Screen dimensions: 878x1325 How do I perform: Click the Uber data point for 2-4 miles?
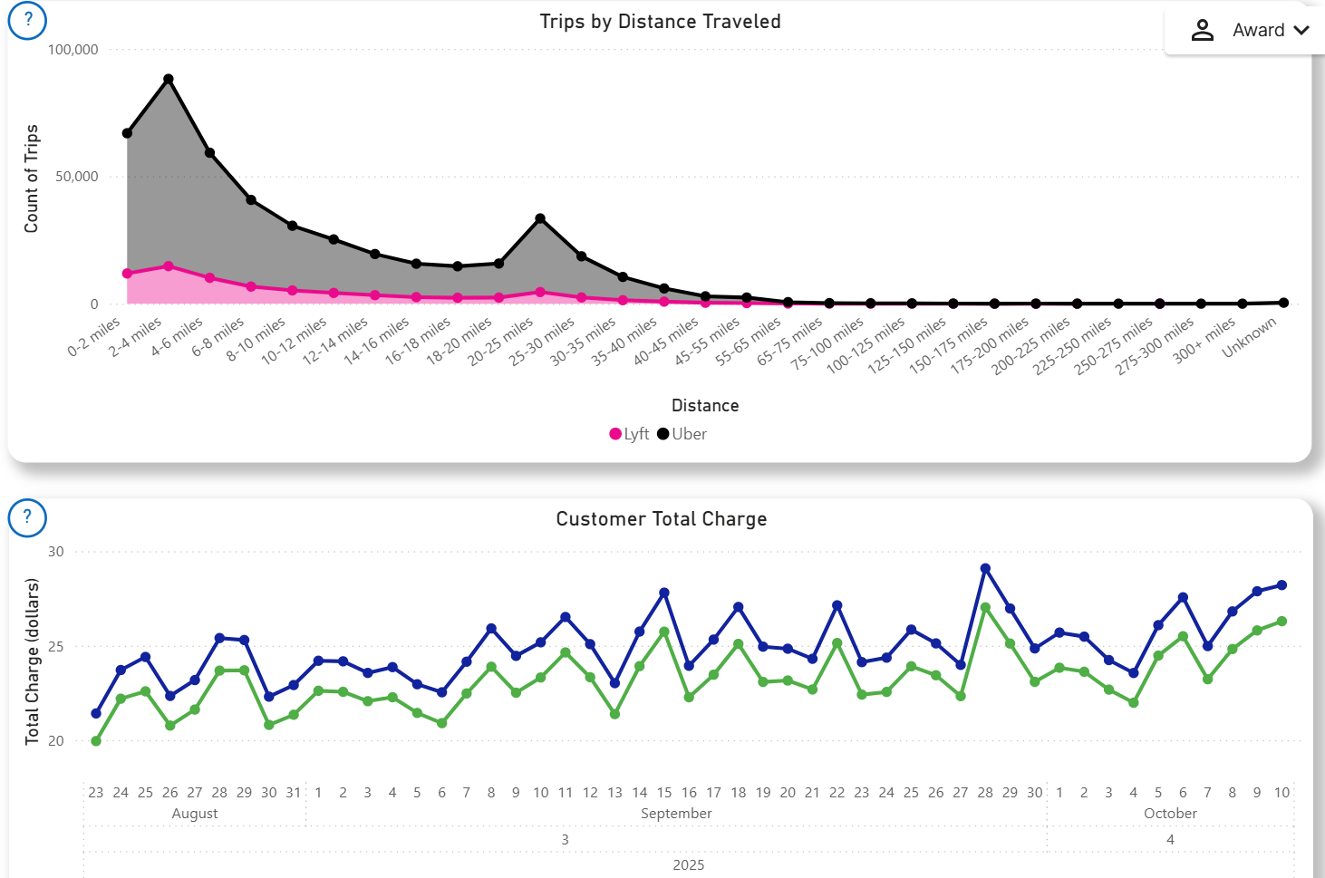coord(169,80)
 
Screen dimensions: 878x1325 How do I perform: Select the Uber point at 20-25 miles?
coord(540,218)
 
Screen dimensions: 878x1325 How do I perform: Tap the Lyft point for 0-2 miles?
coord(127,274)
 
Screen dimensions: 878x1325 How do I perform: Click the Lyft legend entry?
coord(629,434)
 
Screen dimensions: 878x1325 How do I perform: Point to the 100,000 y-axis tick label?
coord(73,50)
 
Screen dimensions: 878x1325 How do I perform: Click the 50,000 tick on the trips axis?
coord(77,177)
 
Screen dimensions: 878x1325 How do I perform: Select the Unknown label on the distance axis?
coord(1250,337)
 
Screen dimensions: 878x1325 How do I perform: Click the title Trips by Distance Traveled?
coord(660,22)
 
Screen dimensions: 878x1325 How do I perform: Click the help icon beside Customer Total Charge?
coord(27,517)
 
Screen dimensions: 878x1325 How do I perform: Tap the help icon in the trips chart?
coord(27,19)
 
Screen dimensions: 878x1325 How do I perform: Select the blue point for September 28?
coord(985,569)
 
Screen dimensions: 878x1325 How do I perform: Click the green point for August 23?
coord(96,741)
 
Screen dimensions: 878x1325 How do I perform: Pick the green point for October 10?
coord(1281,622)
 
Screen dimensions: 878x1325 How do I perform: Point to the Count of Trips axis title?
coord(32,178)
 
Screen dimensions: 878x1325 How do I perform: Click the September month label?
coord(676,814)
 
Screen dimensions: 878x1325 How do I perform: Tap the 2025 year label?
coord(689,864)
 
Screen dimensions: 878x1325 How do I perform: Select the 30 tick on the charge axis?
coord(56,552)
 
